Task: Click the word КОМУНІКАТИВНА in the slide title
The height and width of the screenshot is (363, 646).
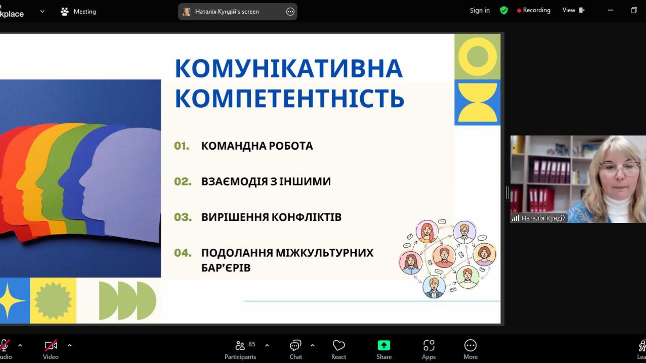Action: [289, 69]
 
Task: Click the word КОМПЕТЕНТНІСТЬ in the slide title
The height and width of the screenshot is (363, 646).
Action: [289, 98]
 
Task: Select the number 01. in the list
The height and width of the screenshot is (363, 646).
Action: [182, 146]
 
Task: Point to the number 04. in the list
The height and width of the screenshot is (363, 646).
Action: [183, 253]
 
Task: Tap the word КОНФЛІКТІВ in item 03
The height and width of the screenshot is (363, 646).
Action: [307, 217]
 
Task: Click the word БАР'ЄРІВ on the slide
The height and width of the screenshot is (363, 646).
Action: [226, 268]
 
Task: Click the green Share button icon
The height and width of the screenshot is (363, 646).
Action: [384, 346]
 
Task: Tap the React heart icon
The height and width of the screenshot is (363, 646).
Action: [338, 346]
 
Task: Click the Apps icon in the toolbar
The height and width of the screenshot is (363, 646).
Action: [429, 346]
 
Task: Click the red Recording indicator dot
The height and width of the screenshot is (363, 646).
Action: [519, 11]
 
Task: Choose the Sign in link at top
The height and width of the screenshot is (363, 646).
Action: [480, 10]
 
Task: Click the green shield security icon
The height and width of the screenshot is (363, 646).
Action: [504, 10]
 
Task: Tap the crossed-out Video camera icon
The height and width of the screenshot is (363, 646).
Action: [51, 345]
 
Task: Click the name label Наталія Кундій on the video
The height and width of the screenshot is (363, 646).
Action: [543, 218]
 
